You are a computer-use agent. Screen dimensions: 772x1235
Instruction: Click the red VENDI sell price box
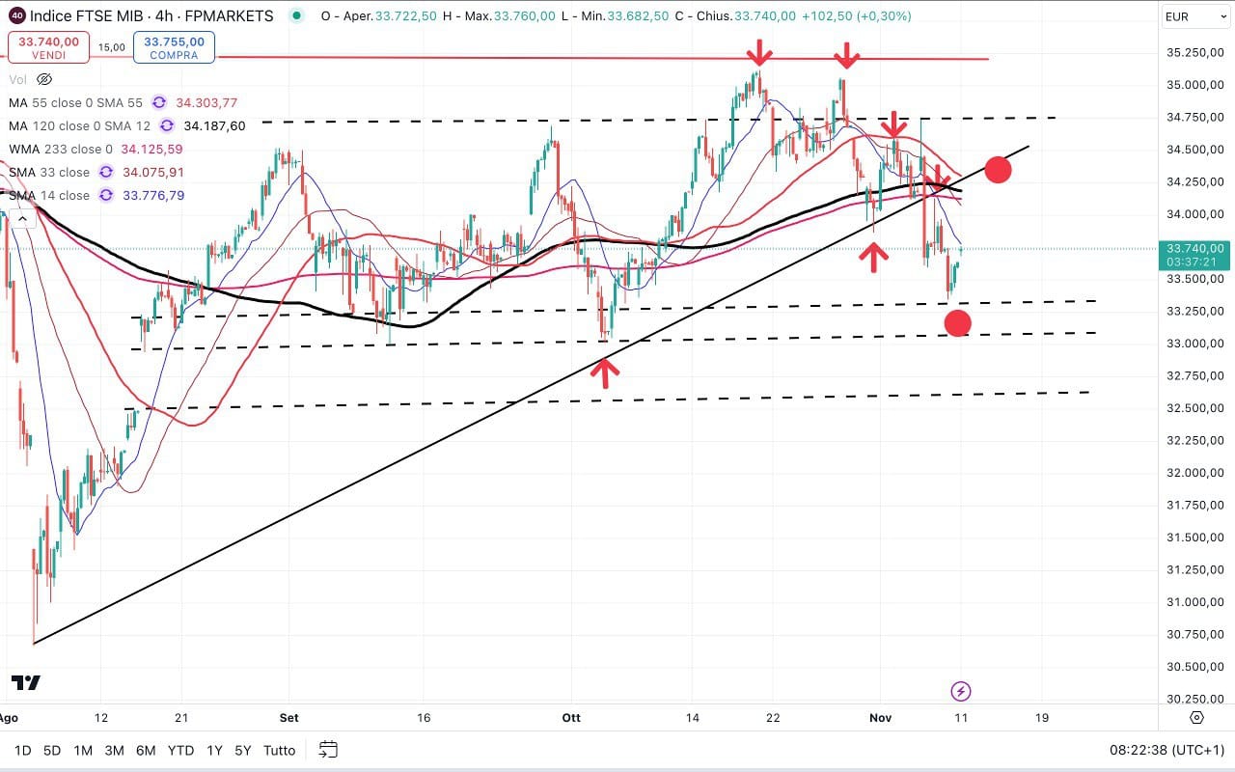pyautogui.click(x=49, y=47)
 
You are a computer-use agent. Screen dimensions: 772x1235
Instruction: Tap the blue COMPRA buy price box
pyautogui.click(x=175, y=47)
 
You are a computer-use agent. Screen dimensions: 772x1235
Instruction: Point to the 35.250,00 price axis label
pyautogui.click(x=1191, y=52)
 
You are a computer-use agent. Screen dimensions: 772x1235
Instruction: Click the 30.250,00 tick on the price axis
pyautogui.click(x=1191, y=699)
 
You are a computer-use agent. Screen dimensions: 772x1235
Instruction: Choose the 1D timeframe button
pyautogui.click(x=22, y=750)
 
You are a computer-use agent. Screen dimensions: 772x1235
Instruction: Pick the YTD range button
pyautogui.click(x=180, y=750)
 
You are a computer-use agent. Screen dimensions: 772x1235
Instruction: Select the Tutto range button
pyautogui.click(x=279, y=750)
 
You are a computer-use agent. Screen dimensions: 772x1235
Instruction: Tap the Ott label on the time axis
pyautogui.click(x=571, y=718)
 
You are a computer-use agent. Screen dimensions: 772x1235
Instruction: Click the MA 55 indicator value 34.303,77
pyautogui.click(x=206, y=102)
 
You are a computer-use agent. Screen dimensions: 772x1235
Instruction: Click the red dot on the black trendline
pyautogui.click(x=998, y=170)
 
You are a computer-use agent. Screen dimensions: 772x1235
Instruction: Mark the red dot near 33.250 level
pyautogui.click(x=957, y=322)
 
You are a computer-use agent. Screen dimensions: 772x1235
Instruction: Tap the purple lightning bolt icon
pyautogui.click(x=960, y=691)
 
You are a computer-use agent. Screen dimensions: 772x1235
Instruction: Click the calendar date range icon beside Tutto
pyautogui.click(x=328, y=750)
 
